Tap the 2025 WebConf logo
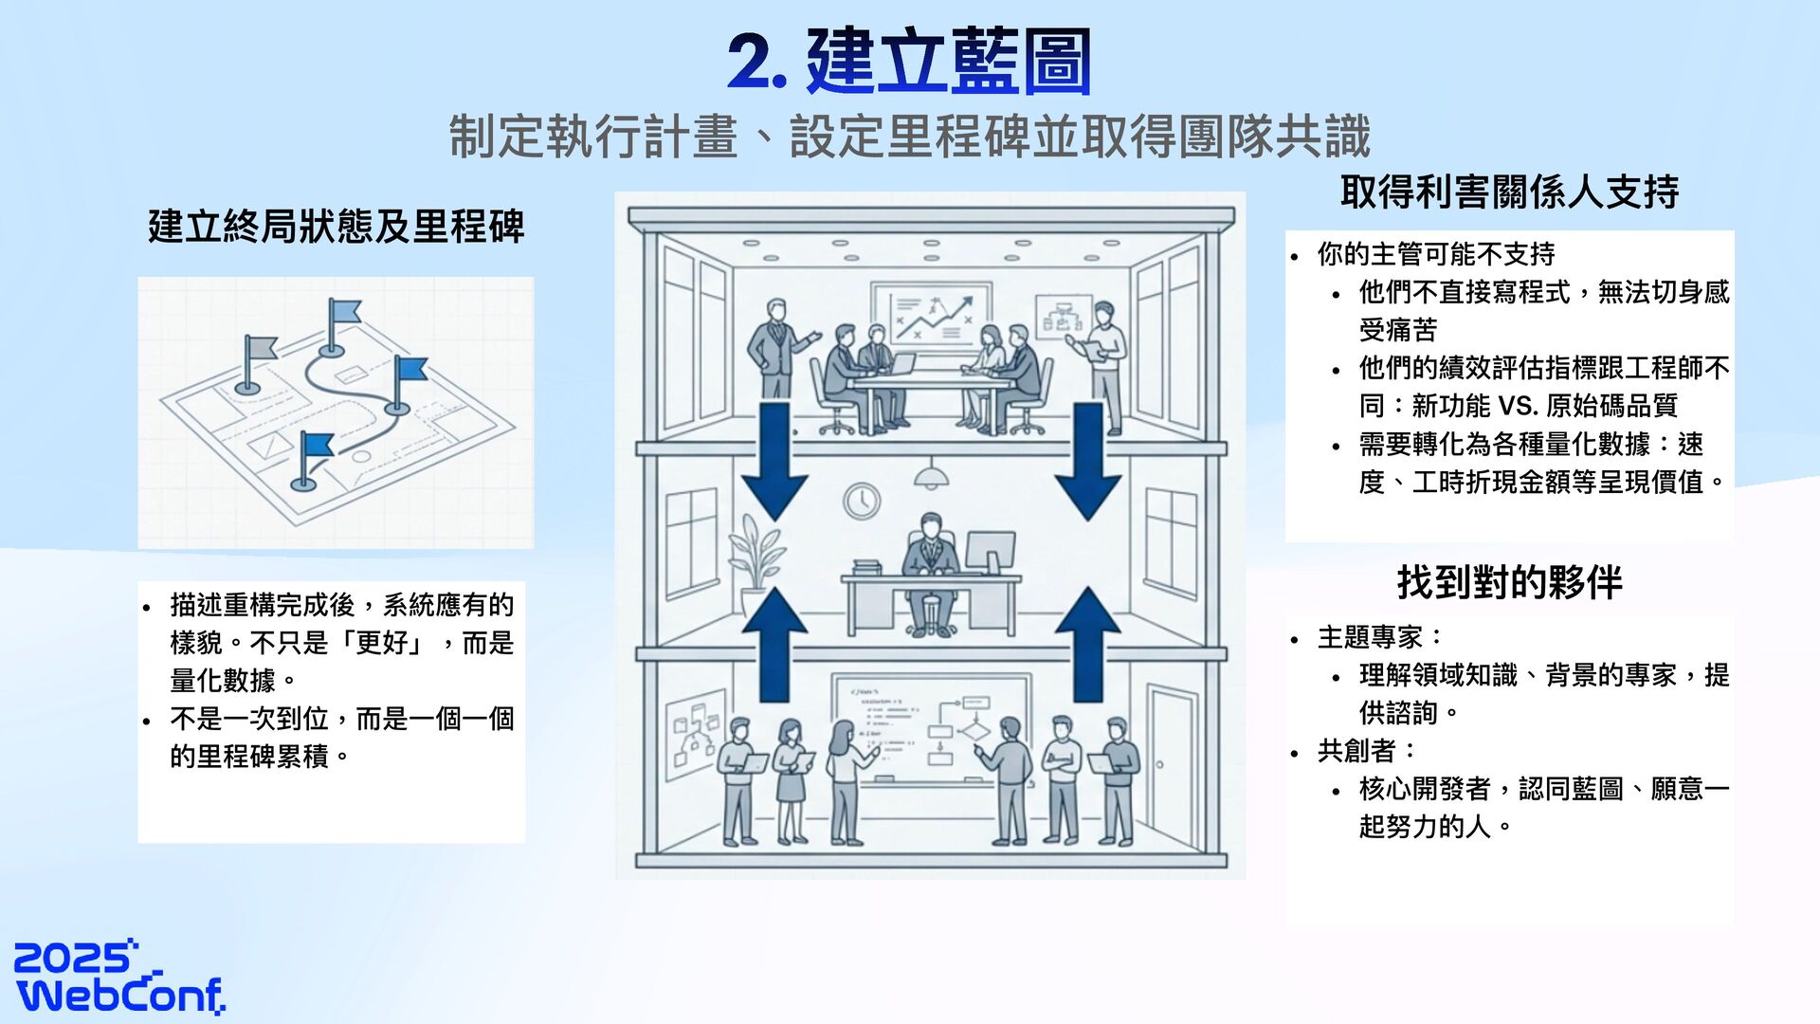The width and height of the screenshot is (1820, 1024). tap(118, 977)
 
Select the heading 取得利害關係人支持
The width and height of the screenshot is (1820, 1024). tap(1509, 192)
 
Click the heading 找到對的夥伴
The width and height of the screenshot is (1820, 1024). tap(1509, 582)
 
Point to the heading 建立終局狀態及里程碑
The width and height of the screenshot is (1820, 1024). tap(336, 227)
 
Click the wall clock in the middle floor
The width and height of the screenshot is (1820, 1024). tap(862, 500)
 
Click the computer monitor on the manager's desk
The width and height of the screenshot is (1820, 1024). tap(990, 552)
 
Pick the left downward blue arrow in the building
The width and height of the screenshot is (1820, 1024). tap(774, 460)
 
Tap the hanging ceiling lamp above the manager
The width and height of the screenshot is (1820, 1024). tap(932, 476)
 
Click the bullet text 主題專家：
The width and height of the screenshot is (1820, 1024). tap(1380, 637)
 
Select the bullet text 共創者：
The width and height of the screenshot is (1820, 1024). tap(1366, 751)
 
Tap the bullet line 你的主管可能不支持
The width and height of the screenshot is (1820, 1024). tap(1435, 254)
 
